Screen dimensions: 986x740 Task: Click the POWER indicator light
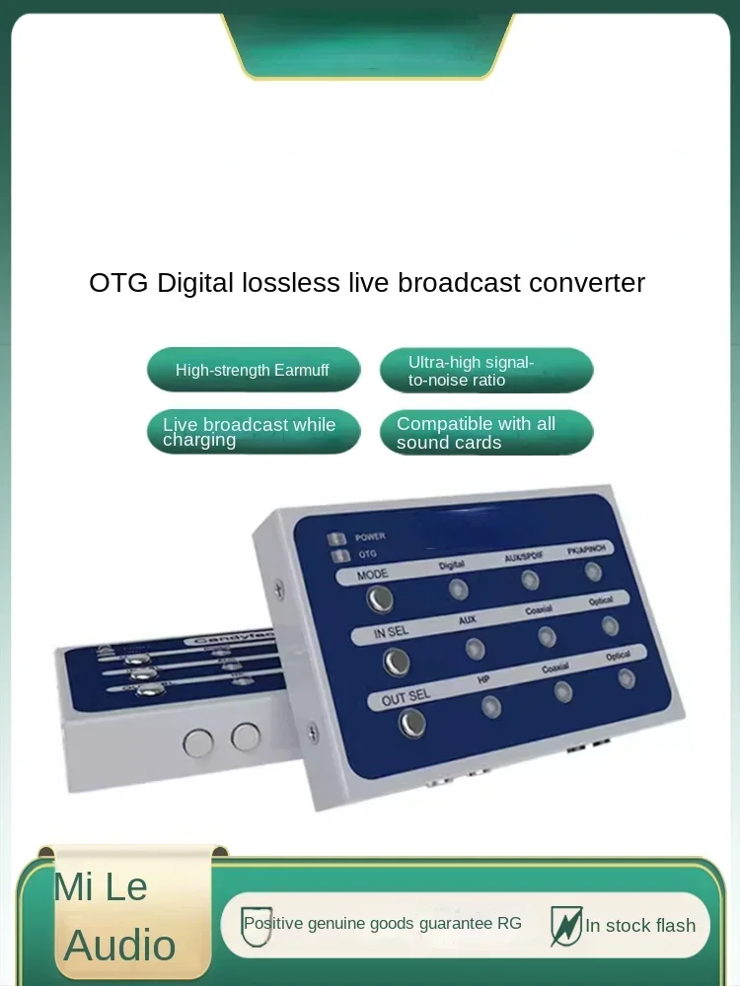(x=337, y=538)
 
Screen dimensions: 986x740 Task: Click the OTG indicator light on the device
(x=337, y=556)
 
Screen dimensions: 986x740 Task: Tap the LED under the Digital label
(x=459, y=590)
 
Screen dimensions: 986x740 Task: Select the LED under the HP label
(x=490, y=706)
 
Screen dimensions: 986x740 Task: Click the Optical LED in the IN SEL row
(x=611, y=625)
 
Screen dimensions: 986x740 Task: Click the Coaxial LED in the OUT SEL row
(x=563, y=691)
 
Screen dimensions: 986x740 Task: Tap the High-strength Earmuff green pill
(x=254, y=370)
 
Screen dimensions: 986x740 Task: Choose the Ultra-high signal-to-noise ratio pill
(x=486, y=371)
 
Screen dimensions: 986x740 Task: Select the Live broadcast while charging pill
(x=254, y=432)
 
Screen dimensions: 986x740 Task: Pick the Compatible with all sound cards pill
(x=486, y=432)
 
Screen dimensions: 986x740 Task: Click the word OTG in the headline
(x=118, y=283)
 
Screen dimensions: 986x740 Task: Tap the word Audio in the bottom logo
(x=119, y=946)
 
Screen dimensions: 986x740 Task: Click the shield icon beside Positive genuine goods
(x=257, y=926)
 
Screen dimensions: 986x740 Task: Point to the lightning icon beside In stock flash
(x=565, y=926)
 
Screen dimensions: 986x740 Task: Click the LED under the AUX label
(x=475, y=648)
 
